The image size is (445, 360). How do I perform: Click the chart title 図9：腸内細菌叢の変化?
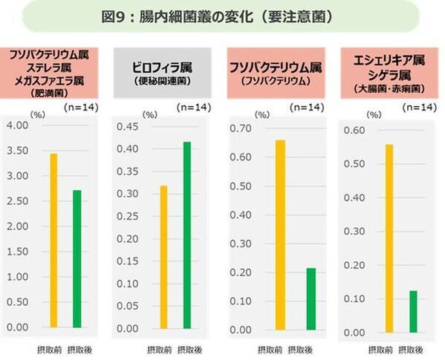tap(221, 16)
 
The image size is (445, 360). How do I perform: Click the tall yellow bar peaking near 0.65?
tap(279, 235)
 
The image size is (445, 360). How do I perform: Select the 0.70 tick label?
tap(240, 128)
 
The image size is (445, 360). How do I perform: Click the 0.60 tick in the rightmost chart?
tap(354, 131)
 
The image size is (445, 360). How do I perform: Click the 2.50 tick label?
tap(17, 201)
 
